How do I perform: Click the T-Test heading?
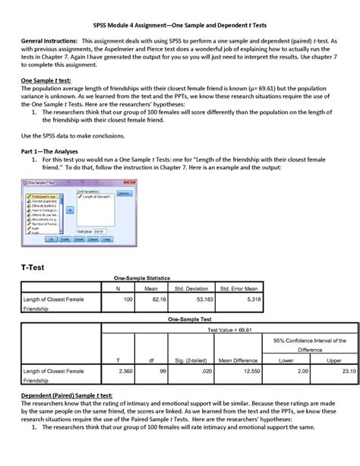36,268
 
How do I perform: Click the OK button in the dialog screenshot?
52,239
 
